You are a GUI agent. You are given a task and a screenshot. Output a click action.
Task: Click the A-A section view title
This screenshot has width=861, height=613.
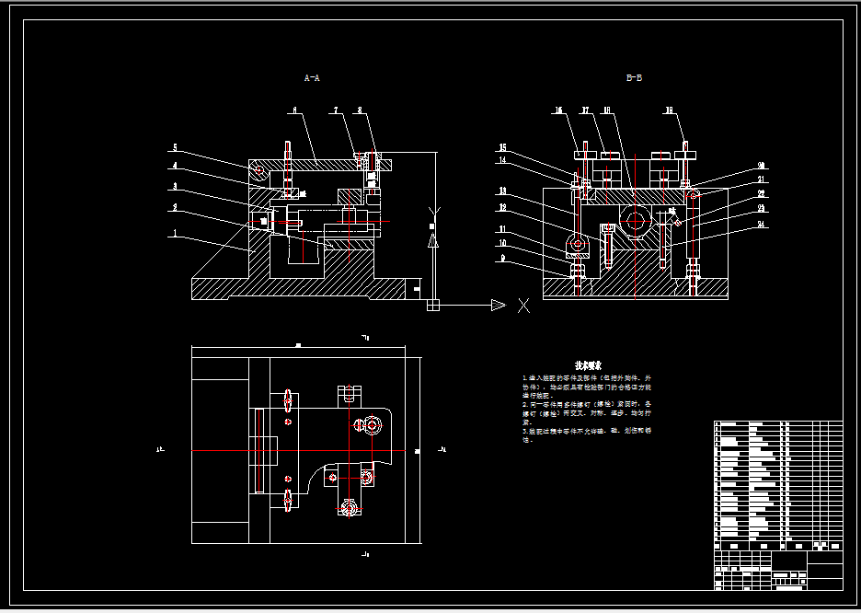312,78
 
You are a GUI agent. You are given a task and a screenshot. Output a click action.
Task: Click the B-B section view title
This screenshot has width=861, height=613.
634,78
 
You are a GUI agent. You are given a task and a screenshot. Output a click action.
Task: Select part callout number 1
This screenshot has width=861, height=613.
174,234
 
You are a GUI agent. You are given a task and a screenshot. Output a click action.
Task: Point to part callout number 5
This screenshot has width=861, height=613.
174,148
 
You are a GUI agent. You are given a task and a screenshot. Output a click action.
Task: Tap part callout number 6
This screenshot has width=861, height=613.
293,110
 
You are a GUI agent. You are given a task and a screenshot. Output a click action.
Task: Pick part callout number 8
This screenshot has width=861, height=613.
360,110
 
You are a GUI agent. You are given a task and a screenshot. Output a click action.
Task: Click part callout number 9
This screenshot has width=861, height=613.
503,259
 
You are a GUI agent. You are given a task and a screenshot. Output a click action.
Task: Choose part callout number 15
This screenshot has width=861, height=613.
503,147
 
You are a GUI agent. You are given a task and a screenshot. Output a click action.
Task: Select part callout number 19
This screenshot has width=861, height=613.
669,110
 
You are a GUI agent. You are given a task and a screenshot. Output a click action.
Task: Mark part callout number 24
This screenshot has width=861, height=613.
762,223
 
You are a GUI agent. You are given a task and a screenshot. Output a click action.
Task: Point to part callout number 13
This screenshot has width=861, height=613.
503,191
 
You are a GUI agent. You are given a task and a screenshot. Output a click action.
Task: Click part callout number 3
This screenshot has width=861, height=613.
174,187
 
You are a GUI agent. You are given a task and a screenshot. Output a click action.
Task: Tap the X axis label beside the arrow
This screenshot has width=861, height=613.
524,306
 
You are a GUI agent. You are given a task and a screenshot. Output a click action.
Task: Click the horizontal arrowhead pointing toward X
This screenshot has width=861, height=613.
498,306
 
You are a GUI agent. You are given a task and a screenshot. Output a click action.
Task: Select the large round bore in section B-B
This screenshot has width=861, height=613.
634,219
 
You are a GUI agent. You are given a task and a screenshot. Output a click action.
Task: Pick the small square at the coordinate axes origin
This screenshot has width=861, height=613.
434,306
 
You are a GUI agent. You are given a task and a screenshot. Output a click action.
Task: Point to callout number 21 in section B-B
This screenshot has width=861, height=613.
762,179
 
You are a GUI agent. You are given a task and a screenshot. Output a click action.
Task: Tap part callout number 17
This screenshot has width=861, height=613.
584,110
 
